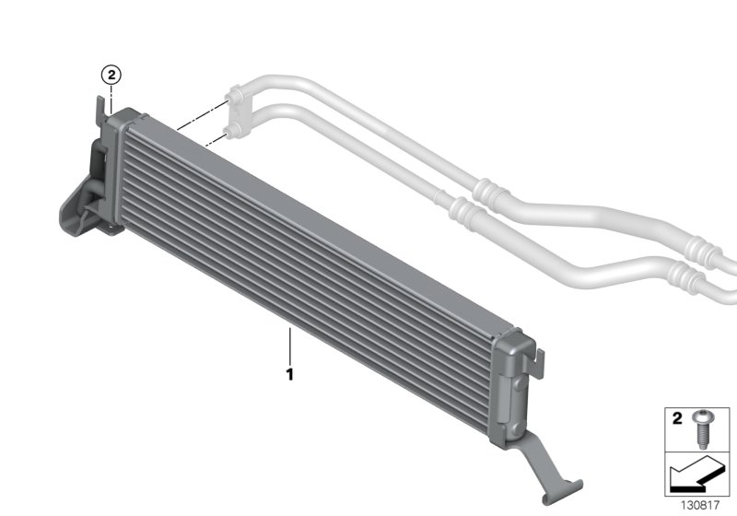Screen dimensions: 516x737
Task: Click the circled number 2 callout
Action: (110, 74)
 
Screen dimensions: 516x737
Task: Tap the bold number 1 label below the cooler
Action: (289, 375)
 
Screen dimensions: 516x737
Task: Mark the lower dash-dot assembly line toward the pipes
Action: (214, 139)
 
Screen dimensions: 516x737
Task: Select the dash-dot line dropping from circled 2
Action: (110, 97)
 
